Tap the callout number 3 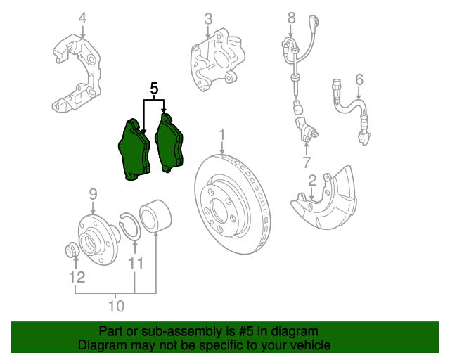[x=208, y=18]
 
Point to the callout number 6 [x=359, y=79]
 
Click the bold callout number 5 [x=155, y=88]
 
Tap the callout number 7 [x=307, y=162]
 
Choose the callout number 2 [x=312, y=181]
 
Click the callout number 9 [x=92, y=193]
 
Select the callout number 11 [x=136, y=263]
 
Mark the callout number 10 [x=116, y=306]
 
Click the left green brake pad [x=134, y=149]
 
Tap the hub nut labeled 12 [x=72, y=249]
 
